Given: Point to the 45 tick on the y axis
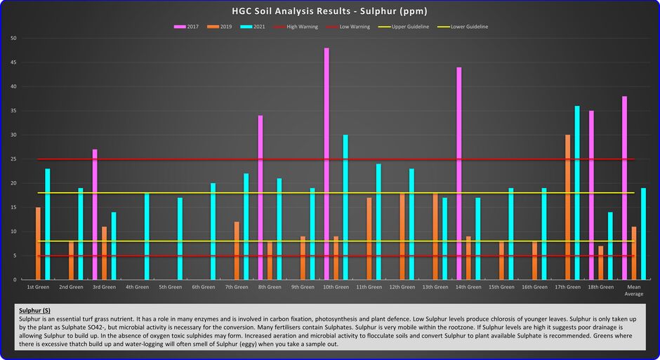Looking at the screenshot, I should [x=13, y=62].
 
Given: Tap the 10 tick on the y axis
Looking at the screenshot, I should [x=13, y=232].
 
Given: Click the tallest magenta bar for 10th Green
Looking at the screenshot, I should [x=326, y=164].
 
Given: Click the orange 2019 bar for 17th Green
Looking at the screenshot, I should [x=567, y=207].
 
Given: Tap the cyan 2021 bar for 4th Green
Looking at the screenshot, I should [x=147, y=236].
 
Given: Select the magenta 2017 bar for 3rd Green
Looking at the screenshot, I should [x=95, y=214].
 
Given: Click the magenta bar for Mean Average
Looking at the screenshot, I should [x=624, y=188].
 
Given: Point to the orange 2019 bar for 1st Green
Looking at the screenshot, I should [x=38, y=244].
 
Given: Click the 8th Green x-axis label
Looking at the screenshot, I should [x=270, y=287].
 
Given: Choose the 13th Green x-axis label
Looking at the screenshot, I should [x=435, y=287].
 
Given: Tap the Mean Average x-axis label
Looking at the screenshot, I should [x=633, y=290].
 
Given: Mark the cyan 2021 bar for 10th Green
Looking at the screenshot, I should [x=345, y=207].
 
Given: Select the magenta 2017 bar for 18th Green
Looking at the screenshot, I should [x=591, y=195].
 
